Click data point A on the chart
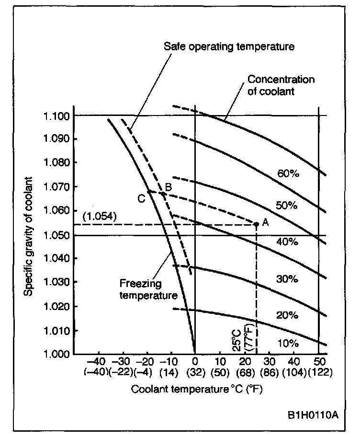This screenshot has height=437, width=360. click(257, 224)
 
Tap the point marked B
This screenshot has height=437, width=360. click(164, 194)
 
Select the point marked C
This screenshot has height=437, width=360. click(149, 192)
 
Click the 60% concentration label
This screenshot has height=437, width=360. click(288, 174)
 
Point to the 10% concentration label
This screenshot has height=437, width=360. click(288, 344)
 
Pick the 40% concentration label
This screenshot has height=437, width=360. click(288, 242)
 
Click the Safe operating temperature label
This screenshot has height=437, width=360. click(229, 46)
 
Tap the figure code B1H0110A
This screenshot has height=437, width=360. click(313, 414)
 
